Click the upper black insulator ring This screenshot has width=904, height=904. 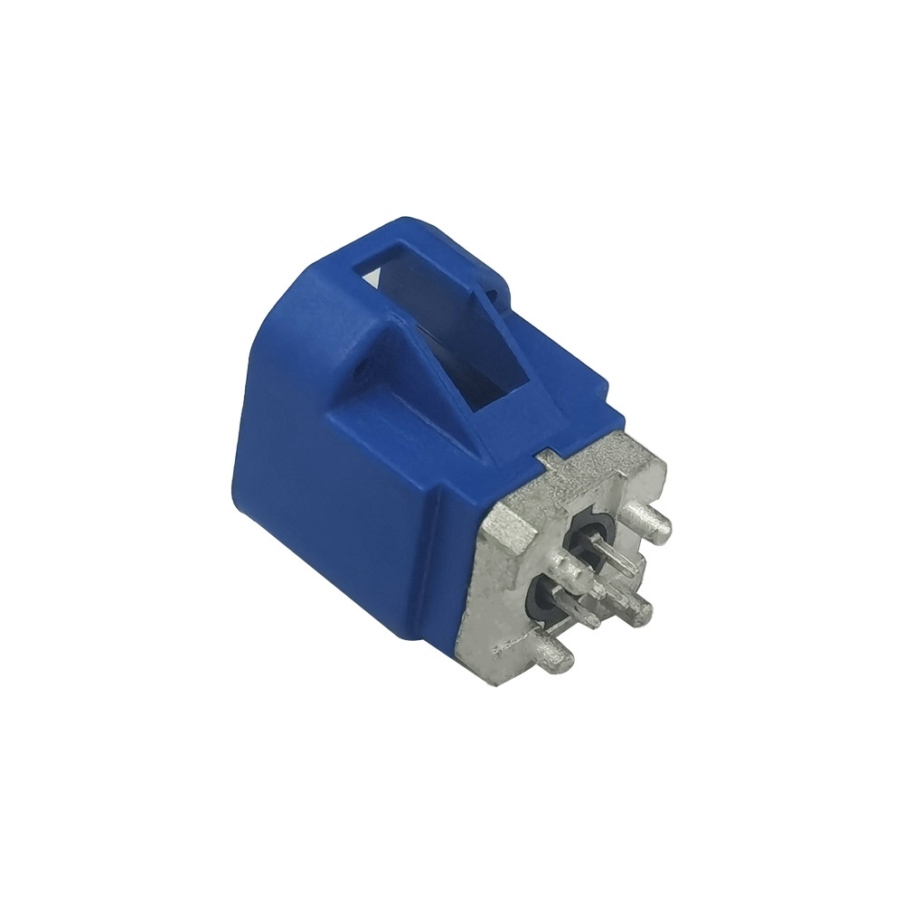click(x=592, y=533)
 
